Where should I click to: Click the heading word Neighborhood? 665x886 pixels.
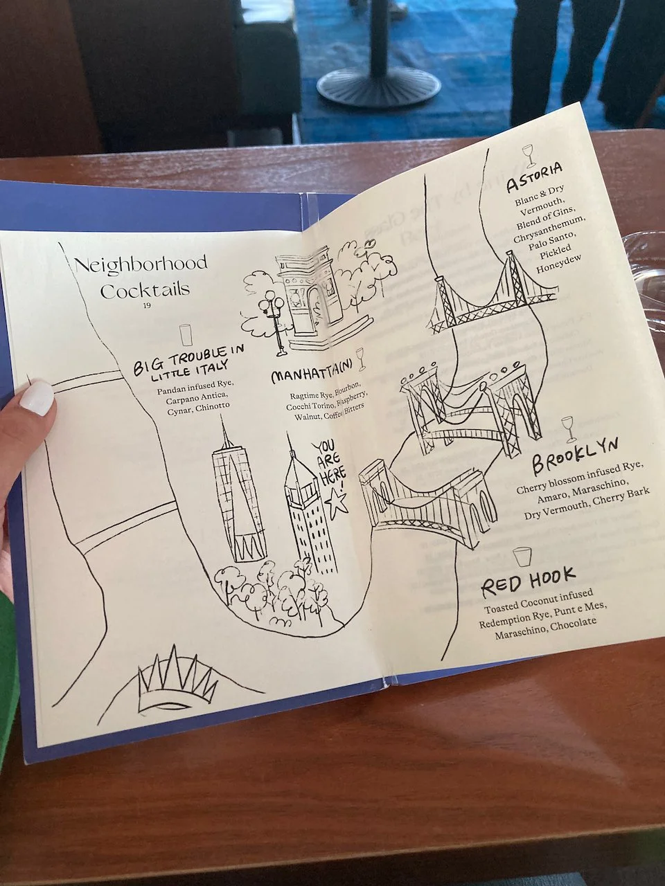tap(141, 264)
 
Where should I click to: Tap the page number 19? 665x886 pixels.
tap(146, 305)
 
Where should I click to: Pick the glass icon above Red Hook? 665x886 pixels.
tap(521, 556)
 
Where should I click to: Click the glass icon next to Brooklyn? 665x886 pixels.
tap(569, 428)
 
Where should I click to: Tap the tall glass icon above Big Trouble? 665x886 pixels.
tap(185, 334)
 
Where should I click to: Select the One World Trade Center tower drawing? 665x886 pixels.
tap(240, 495)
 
